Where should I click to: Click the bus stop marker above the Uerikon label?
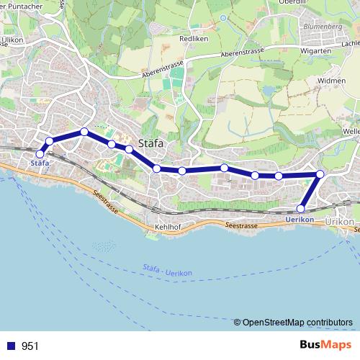click(x=301, y=209)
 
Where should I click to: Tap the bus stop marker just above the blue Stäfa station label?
click(x=40, y=153)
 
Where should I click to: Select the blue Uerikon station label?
click(x=300, y=218)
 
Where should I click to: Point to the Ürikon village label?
click(x=340, y=221)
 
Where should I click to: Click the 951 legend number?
click(x=31, y=346)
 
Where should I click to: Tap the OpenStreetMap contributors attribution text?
click(x=297, y=322)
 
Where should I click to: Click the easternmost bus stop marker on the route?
click(x=320, y=174)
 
